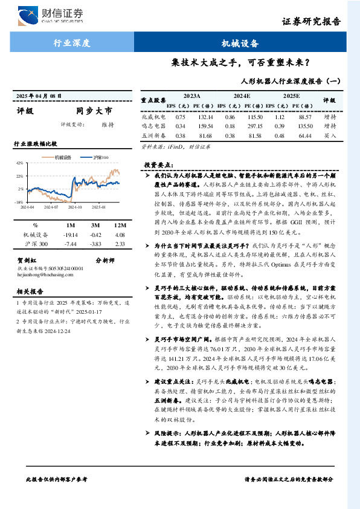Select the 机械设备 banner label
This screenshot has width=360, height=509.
(x=240, y=44)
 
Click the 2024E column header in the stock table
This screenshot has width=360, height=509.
(x=242, y=96)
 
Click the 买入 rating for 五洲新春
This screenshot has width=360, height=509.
(x=330, y=136)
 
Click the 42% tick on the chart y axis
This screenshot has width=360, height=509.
(x=19, y=163)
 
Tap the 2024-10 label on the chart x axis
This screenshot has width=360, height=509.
(x=75, y=206)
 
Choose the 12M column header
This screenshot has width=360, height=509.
(x=119, y=224)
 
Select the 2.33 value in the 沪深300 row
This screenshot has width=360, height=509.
(x=119, y=244)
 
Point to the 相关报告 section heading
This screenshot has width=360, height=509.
(x=28, y=292)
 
